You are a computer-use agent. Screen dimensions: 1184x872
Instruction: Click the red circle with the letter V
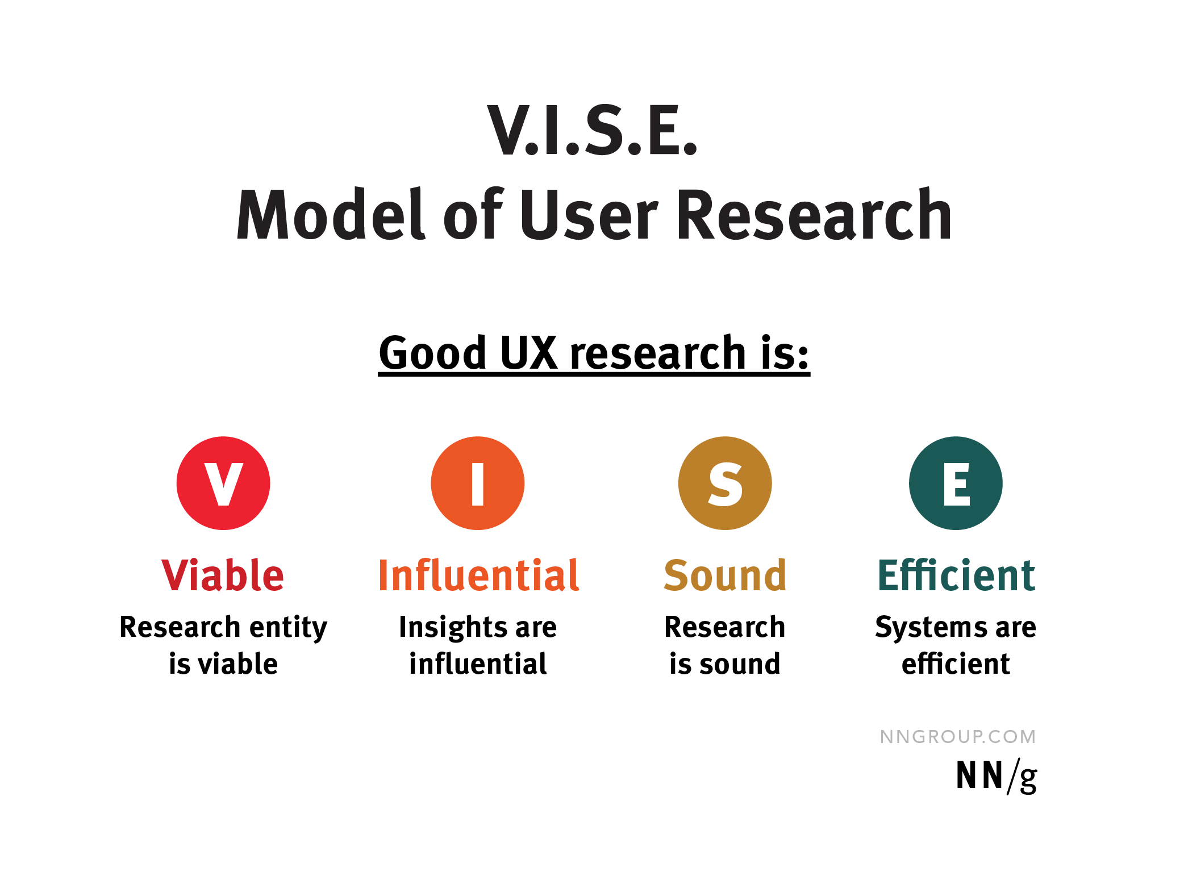223,483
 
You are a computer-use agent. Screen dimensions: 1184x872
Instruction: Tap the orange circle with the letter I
477,483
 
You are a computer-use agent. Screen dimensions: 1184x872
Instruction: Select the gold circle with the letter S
725,483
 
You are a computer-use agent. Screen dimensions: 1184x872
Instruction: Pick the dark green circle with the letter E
956,483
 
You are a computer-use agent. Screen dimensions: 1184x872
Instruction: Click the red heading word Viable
223,575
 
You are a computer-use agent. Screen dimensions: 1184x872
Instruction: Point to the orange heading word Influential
478,575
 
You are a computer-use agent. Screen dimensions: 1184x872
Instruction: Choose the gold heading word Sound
725,575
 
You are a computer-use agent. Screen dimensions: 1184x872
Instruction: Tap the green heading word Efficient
956,575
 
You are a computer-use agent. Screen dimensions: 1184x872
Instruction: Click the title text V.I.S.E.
592,131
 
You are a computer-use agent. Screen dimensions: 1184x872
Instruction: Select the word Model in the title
330,215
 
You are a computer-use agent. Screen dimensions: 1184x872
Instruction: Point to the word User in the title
589,215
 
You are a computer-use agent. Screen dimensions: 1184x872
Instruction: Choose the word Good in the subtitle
433,353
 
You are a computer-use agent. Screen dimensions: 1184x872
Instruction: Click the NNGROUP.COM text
957,737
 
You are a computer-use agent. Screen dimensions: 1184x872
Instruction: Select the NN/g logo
996,776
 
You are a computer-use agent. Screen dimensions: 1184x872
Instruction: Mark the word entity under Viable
289,628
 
